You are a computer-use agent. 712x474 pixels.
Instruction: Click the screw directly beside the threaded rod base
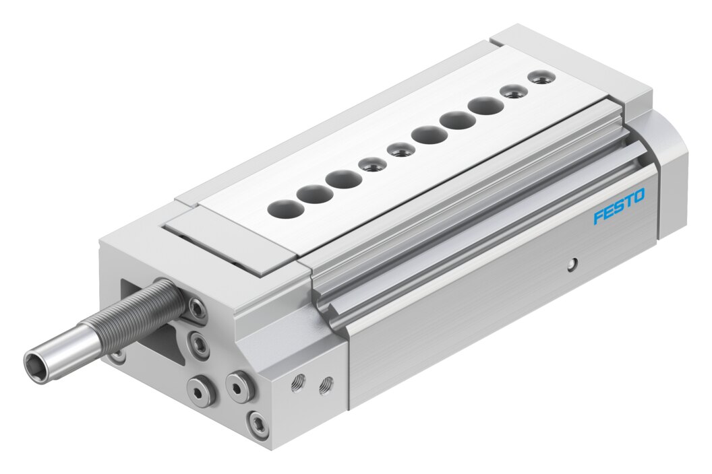[197, 304]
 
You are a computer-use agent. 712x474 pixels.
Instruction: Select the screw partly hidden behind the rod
[119, 355]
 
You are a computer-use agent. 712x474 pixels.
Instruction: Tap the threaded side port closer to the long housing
[325, 384]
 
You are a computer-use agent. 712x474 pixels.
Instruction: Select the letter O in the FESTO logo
[638, 197]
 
